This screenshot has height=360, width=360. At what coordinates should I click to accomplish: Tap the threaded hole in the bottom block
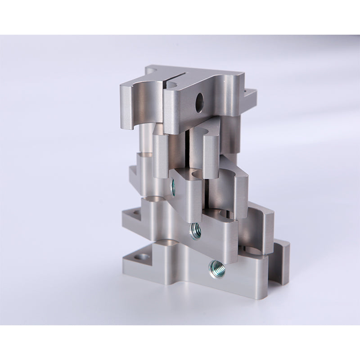pos(215,269)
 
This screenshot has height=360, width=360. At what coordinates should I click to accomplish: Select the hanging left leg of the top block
pos(126,106)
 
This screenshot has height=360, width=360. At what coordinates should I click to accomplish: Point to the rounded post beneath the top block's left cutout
pos(145,135)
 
